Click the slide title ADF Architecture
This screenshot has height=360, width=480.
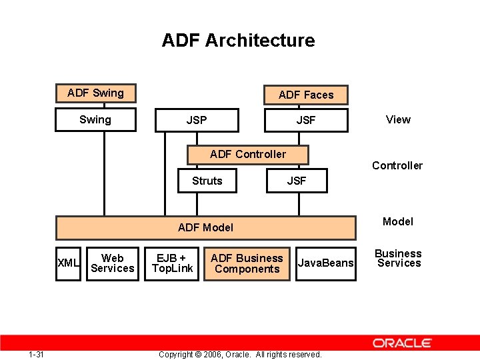[x=238, y=41]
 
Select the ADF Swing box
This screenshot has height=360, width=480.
[x=95, y=93]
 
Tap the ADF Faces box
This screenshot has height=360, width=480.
[x=306, y=95]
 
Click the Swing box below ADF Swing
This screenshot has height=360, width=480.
[x=95, y=120]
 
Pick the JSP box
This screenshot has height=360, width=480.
[x=196, y=120]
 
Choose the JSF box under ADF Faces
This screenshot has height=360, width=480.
[x=306, y=121]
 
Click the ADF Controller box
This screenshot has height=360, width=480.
[x=247, y=155]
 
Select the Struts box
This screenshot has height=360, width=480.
[x=207, y=181]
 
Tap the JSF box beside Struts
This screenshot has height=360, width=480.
[x=297, y=181]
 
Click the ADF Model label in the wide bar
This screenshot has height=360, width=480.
[x=205, y=227]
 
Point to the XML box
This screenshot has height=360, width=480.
[x=68, y=263]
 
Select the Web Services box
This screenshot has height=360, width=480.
[x=112, y=263]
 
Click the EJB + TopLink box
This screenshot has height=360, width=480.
[x=172, y=263]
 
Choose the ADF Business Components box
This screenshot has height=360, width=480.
[x=247, y=263]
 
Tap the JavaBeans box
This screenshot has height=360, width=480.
[x=325, y=263]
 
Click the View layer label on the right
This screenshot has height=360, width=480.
[x=398, y=120]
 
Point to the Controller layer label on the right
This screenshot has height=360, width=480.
[x=397, y=166]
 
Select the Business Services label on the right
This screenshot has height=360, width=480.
[x=398, y=259]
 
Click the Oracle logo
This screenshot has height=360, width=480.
[x=402, y=343]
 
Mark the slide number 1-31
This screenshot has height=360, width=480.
[x=37, y=354]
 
